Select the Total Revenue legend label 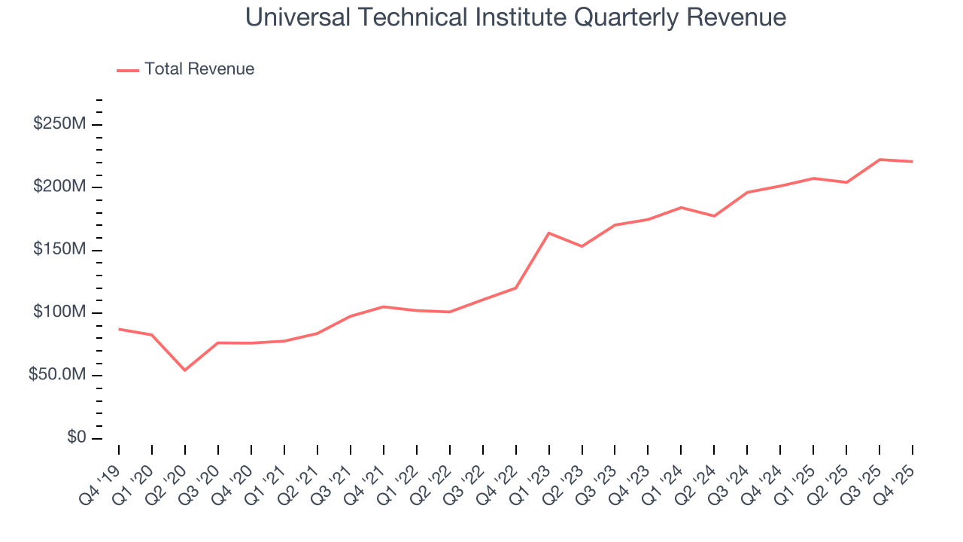[199, 69]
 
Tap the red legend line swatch [128, 70]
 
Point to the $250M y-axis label [59, 123]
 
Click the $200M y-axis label [59, 187]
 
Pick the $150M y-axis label [59, 249]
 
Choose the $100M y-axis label [59, 312]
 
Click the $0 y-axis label [74, 437]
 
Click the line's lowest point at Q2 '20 [185, 370]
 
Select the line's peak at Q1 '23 [549, 233]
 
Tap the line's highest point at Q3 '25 [880, 160]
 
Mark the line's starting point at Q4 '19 [119, 329]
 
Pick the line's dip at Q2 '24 [715, 216]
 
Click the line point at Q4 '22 [516, 288]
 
